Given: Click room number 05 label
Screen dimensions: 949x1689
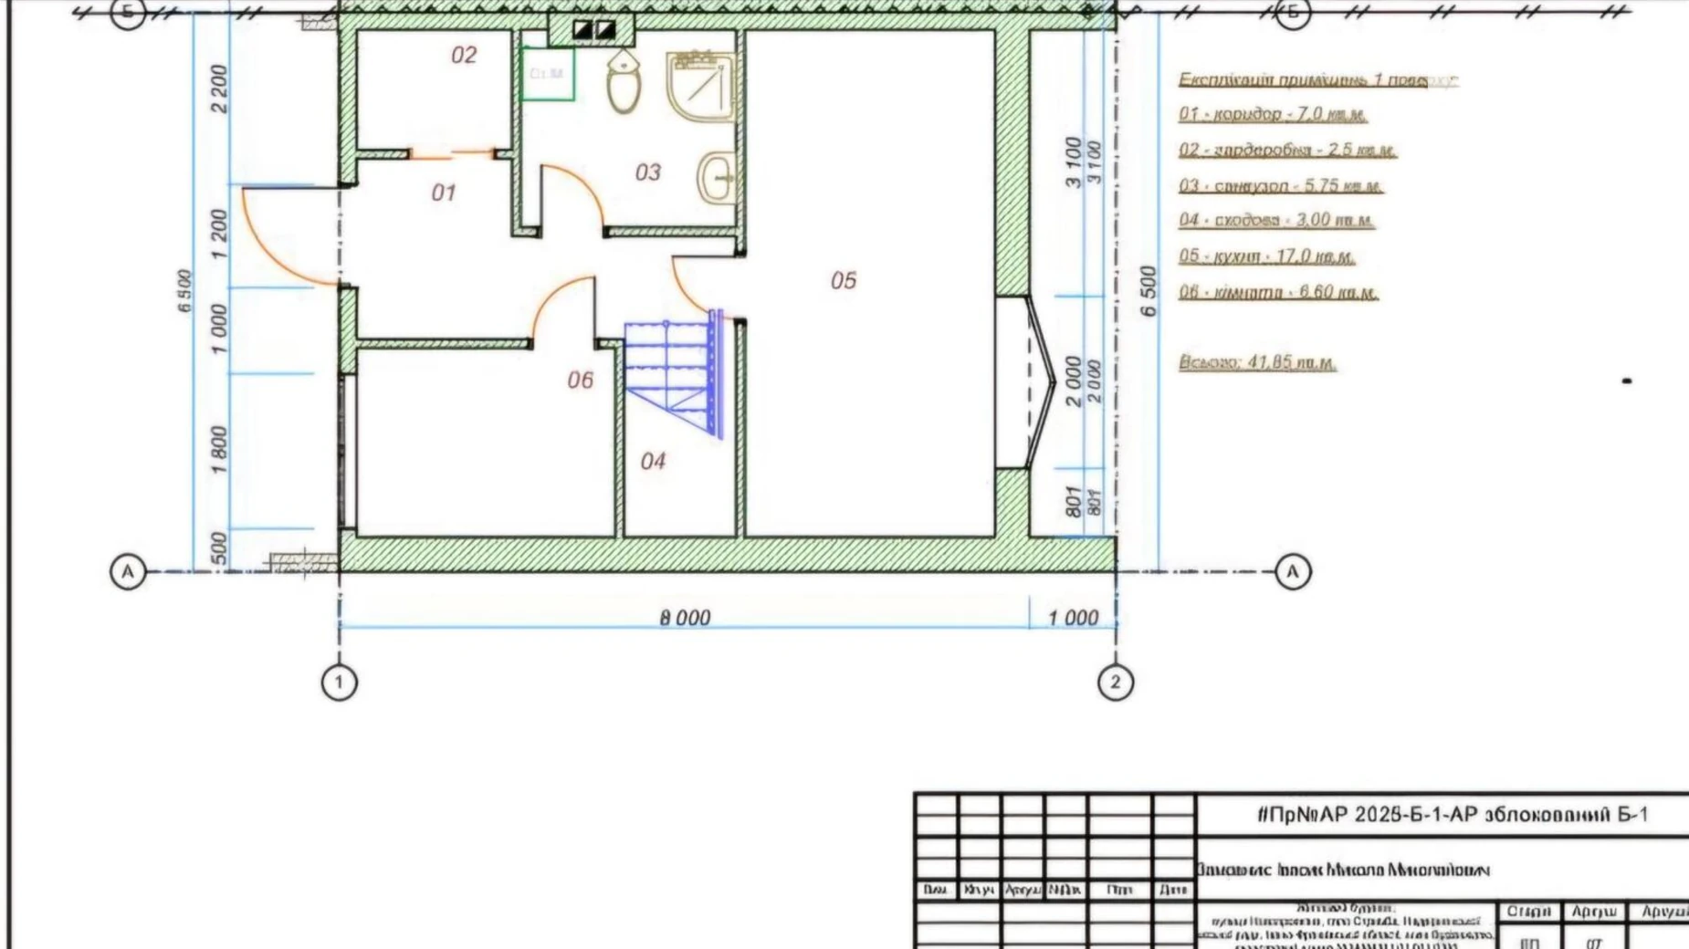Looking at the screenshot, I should coord(844,280).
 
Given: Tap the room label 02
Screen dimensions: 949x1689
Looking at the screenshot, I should coord(464,55).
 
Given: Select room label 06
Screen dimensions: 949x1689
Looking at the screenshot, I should coord(580,380).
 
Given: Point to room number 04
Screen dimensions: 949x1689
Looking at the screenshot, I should coord(653,461).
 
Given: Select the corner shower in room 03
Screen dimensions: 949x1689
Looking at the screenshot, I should coord(701,87).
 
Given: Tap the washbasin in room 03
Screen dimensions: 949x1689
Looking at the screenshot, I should coord(718,177).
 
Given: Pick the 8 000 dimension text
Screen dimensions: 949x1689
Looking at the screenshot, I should coord(685,618).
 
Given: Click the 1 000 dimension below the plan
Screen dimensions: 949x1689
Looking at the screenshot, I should coord(1073,618).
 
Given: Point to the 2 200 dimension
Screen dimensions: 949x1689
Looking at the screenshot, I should coord(219,89).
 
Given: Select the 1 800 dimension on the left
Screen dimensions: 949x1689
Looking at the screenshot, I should coord(219,449).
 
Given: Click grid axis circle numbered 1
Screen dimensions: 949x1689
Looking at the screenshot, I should coord(340,682).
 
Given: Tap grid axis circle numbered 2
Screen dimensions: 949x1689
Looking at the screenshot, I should coord(1115,682).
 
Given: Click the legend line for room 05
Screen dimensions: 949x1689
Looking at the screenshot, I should coord(1266,256).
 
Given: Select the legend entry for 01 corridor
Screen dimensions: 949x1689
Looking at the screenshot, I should coord(1273,114).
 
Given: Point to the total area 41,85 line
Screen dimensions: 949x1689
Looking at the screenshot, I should coord(1257,362).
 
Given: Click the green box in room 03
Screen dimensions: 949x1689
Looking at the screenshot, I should coord(547,73).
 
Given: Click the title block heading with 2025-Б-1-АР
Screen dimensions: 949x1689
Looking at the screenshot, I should coord(1452,814).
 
